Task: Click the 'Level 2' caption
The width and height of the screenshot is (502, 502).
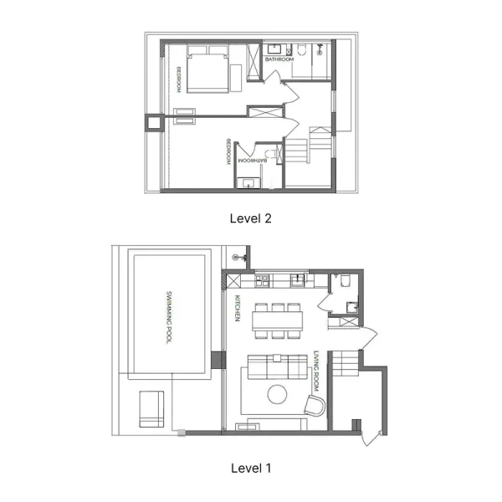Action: (x=251, y=218)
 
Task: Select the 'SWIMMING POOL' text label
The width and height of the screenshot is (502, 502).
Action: (x=169, y=317)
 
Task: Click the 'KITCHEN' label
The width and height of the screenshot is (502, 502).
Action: (x=238, y=307)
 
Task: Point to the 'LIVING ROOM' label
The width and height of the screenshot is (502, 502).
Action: (x=317, y=370)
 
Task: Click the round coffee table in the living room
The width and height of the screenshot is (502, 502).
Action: (x=277, y=394)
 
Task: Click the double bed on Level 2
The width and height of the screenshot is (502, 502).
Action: (x=207, y=73)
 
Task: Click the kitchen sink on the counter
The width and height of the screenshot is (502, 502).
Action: (x=297, y=278)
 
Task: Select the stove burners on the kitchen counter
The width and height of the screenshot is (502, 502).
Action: (x=261, y=278)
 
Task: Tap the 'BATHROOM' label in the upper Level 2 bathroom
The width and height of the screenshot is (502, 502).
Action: (x=279, y=60)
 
